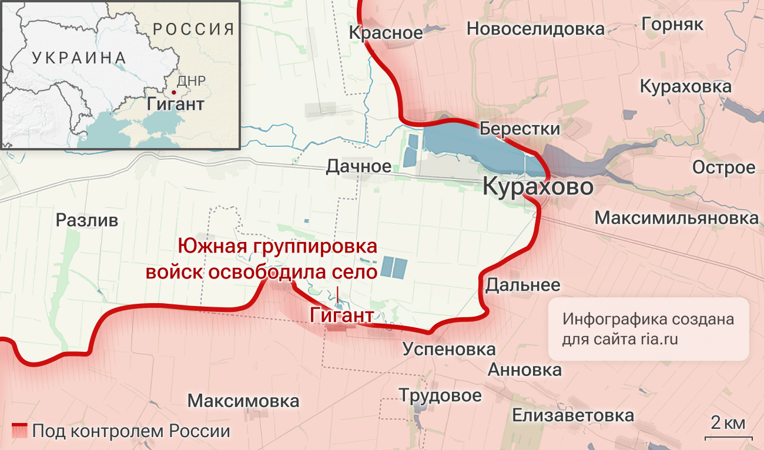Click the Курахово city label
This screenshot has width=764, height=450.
[x=538, y=187]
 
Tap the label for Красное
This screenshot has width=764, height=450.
[x=386, y=32]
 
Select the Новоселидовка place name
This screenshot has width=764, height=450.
[x=535, y=28]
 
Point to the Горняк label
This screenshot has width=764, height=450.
[x=673, y=24]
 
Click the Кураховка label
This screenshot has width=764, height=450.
[x=685, y=87]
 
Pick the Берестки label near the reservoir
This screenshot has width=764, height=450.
[x=520, y=128]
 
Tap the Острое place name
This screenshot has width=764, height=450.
[x=723, y=167]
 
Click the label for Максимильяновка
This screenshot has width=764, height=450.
[x=676, y=218]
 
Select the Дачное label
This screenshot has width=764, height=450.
[x=358, y=167]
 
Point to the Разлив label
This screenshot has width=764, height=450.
[x=87, y=220]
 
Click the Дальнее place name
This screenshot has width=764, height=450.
[x=522, y=285]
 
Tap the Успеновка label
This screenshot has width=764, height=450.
[x=449, y=349]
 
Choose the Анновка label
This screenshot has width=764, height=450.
[x=525, y=370]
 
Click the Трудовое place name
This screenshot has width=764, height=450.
[x=440, y=395]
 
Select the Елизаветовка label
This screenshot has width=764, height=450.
[x=573, y=415]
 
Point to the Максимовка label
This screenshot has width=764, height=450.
[x=243, y=401]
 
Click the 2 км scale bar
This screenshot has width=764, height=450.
[x=729, y=437]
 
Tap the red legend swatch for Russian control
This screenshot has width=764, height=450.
[x=19, y=431]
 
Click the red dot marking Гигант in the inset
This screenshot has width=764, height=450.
[x=173, y=92]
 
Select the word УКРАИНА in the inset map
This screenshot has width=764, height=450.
[x=79, y=58]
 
